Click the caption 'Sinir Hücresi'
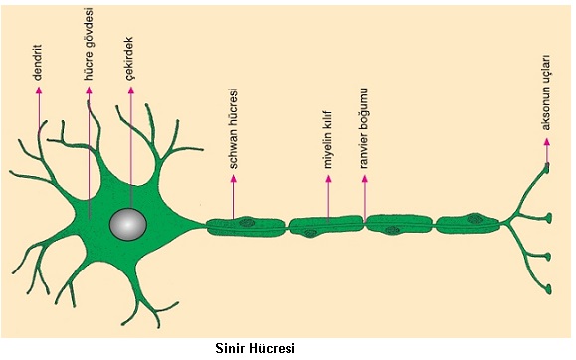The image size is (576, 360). point(256,348)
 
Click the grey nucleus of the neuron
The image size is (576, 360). point(129,225)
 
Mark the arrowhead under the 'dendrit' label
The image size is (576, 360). point(40,90)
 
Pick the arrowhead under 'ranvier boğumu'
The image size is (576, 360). point(364,181)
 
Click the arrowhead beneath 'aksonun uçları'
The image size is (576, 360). point(545,141)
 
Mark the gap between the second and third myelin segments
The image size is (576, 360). point(364,224)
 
